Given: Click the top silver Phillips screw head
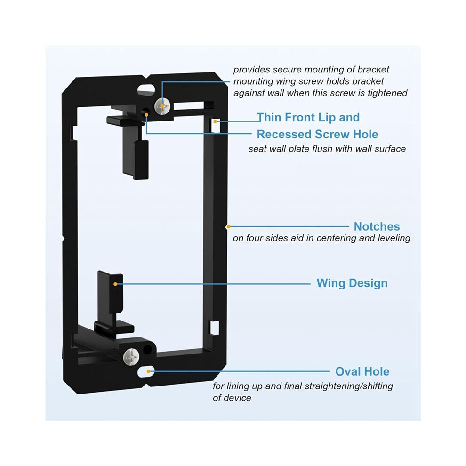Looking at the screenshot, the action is pos(162,106).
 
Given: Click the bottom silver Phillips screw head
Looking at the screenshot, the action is pos(131,357).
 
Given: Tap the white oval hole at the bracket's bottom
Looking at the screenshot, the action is pos(146,371).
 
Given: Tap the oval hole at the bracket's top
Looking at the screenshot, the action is pos(146,88).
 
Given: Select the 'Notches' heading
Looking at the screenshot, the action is pos(377,226).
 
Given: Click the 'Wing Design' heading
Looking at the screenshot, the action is pos(352,283).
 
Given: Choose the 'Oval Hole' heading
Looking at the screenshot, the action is pos(362,371).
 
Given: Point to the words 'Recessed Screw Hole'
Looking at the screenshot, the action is pos(317,134).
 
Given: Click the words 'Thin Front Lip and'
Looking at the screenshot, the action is pos(308,117).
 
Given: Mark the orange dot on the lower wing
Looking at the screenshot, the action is pos(115,284).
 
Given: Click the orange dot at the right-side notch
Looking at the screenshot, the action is pos(228,227).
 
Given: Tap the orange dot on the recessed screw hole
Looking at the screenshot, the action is pos(146,115).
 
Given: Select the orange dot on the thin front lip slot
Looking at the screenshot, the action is pos(215,121).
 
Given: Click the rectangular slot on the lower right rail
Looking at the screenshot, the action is pos(215,328).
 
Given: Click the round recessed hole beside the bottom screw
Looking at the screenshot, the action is pos(147,349).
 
